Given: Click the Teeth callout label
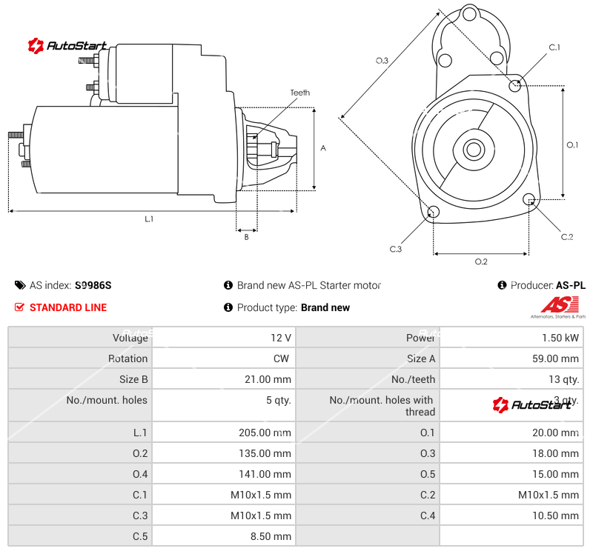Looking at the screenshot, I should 299,93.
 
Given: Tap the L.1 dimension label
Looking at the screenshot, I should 149,218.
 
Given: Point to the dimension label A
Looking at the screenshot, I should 323,148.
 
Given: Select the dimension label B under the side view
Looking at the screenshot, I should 246,237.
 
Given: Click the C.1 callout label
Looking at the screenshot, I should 554,47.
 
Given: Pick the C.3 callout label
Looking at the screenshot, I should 395,249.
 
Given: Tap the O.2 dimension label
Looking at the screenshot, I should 480,261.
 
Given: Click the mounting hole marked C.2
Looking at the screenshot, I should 529,199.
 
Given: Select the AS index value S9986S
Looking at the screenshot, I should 93,285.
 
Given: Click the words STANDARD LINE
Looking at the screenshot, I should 68,307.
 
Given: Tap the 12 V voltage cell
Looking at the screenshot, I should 281,338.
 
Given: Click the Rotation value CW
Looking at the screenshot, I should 284,358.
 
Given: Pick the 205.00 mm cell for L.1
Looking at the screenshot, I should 262,433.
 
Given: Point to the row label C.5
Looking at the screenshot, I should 140,536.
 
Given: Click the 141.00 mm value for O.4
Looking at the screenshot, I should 262,474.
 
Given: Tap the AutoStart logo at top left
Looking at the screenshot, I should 67,46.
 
